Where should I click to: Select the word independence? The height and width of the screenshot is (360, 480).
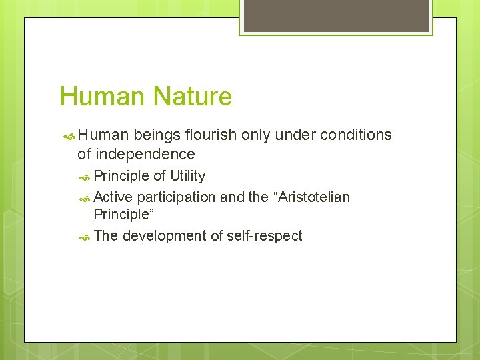tap(145, 155)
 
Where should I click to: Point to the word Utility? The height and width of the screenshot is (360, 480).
tap(187, 176)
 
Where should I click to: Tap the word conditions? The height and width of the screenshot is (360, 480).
tap(356, 135)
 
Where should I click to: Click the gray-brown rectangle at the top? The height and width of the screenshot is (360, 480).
tap(335, 15)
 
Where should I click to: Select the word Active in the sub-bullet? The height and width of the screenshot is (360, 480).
tap(113, 197)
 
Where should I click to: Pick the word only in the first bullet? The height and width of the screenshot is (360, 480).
tap(255, 135)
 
